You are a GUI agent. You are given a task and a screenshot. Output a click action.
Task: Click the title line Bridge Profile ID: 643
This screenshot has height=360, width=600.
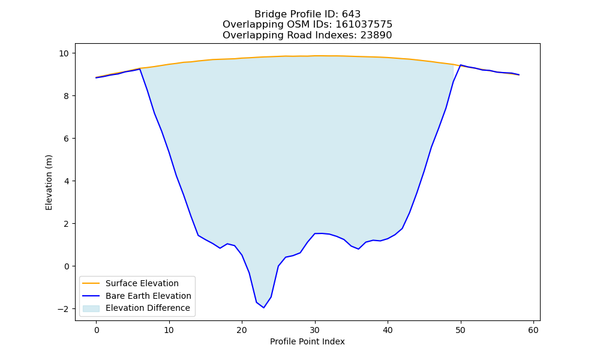pos(307,14)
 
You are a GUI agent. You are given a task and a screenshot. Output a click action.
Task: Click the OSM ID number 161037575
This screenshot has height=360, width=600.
pos(364,25)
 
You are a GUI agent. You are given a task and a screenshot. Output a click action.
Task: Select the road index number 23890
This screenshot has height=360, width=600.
pos(376,35)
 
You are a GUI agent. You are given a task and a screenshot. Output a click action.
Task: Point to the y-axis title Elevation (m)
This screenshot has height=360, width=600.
pos(49,182)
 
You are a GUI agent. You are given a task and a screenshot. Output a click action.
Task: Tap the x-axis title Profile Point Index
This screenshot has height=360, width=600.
pos(307,341)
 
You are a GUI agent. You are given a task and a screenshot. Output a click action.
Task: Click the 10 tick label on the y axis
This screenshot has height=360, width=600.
pos(64,53)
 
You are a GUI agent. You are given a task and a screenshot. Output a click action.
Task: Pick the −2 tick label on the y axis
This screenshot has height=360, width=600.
pos(64,309)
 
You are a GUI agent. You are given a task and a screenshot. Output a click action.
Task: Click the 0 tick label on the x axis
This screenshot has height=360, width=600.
pos(97,330)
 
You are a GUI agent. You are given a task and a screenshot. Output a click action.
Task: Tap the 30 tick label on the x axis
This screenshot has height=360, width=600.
pos(315,330)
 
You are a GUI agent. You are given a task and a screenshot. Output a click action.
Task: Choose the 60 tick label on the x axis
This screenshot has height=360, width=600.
pos(533,330)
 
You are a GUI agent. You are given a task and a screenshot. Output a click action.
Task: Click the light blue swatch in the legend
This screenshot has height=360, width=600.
pos(91,308)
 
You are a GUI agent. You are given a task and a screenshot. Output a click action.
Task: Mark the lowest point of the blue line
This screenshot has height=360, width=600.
pos(263,308)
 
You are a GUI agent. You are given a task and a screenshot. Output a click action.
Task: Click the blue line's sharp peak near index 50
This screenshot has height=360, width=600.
pos(461,65)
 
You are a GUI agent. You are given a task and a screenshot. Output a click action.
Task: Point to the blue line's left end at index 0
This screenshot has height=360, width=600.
pos(96,77)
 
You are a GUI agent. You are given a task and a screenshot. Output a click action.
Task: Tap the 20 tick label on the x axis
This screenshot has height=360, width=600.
pos(242,330)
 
